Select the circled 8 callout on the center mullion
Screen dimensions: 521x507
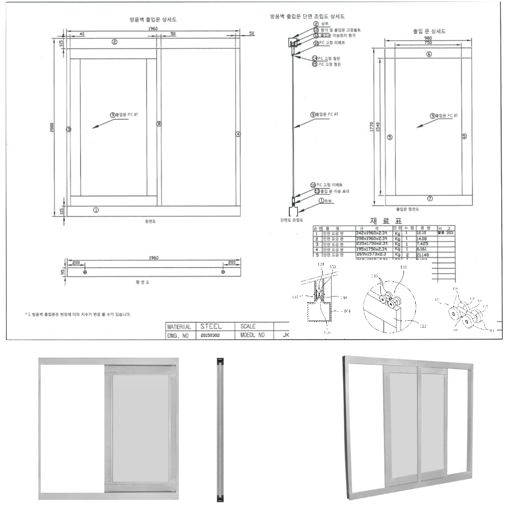pyautogui.click(x=159, y=124)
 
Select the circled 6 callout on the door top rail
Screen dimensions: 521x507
pyautogui.click(x=429, y=54)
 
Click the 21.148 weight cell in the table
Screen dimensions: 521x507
pyautogui.click(x=422, y=254)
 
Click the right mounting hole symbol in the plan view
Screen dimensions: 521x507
pyautogui.click(x=223, y=272)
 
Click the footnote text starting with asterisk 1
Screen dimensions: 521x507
pyautogui.click(x=78, y=314)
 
